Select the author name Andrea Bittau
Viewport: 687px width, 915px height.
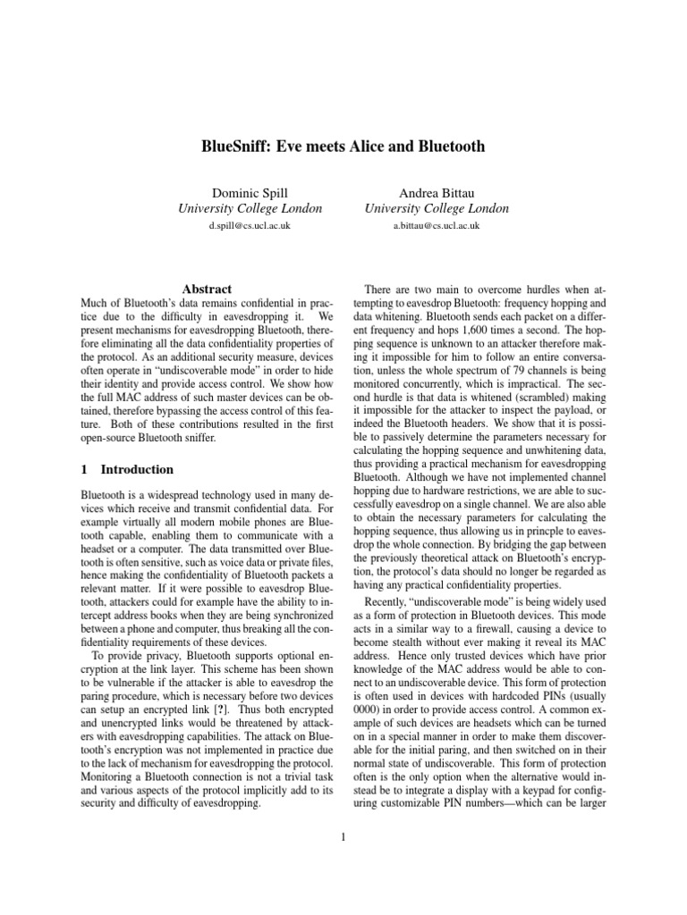click(x=437, y=191)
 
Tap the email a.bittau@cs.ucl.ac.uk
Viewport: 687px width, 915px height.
click(x=437, y=226)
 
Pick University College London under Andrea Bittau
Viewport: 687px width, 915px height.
click(x=437, y=209)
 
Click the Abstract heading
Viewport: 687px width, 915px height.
click(x=207, y=289)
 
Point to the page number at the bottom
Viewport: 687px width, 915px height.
click(x=343, y=836)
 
